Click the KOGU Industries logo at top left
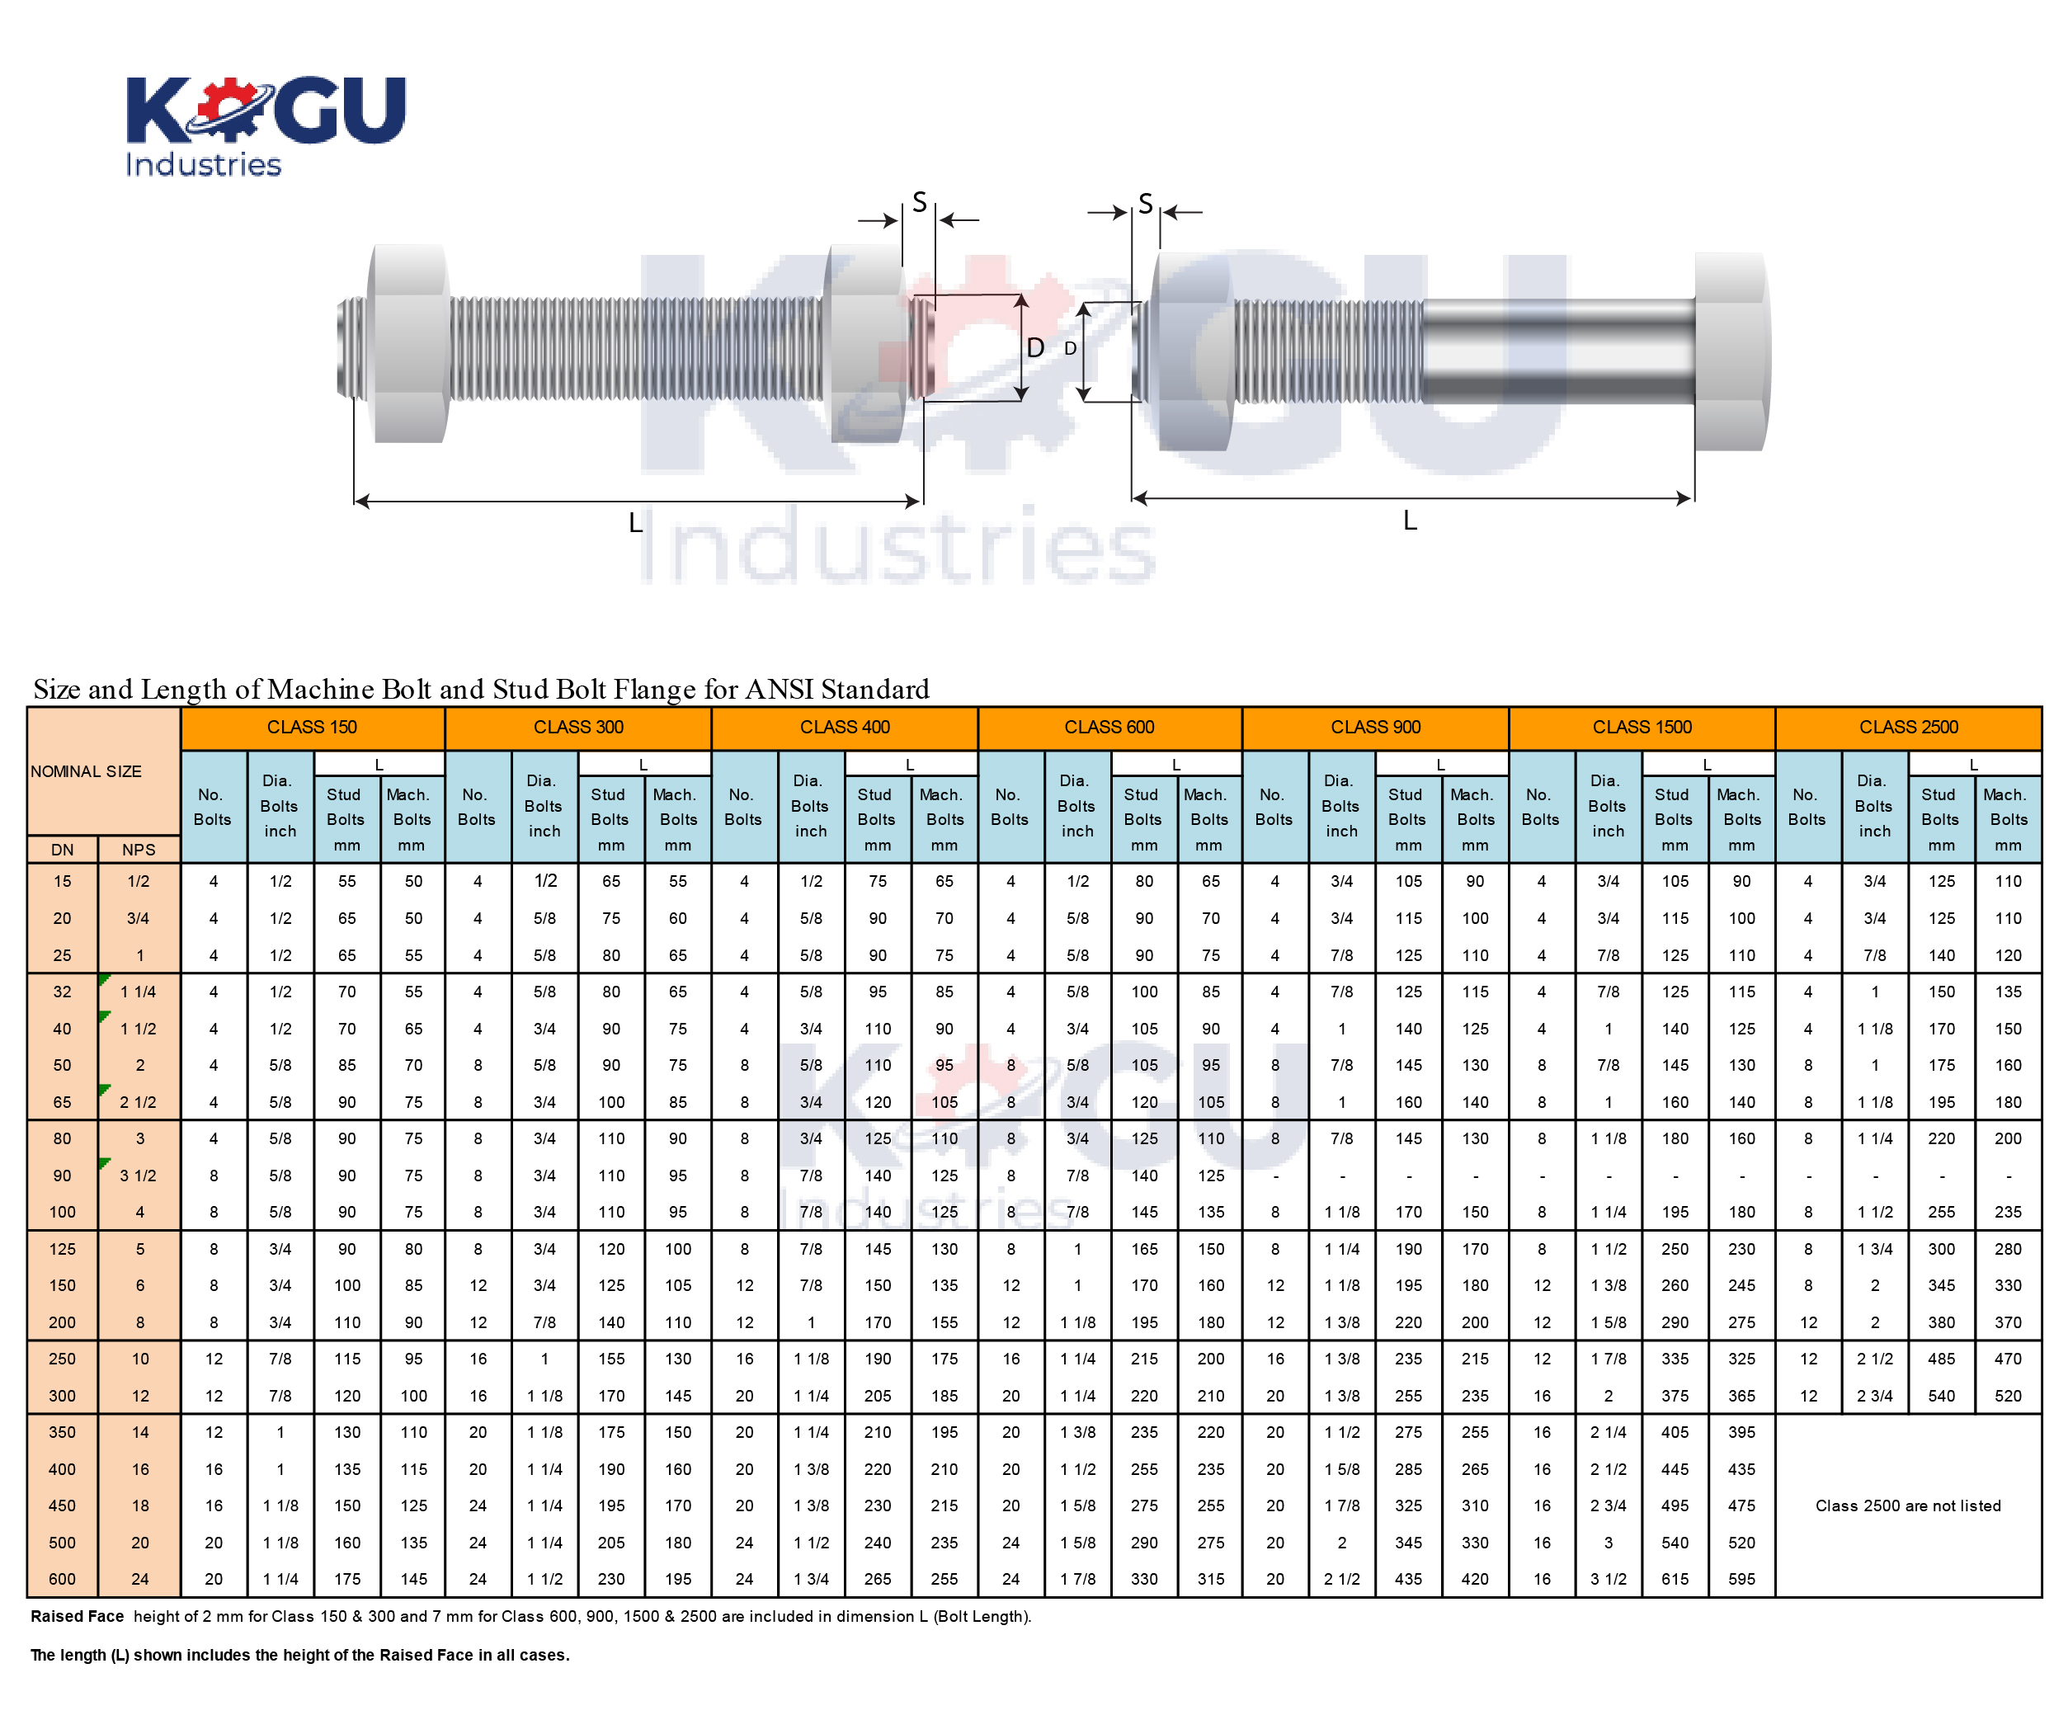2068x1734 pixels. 265,126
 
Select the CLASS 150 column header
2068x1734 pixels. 312,728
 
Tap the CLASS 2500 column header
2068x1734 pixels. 1909,728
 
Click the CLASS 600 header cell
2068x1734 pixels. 1109,728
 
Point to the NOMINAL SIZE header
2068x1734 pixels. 86,772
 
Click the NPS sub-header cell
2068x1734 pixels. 139,850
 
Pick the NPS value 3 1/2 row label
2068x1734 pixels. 139,1176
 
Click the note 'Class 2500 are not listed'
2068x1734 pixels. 1909,1505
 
